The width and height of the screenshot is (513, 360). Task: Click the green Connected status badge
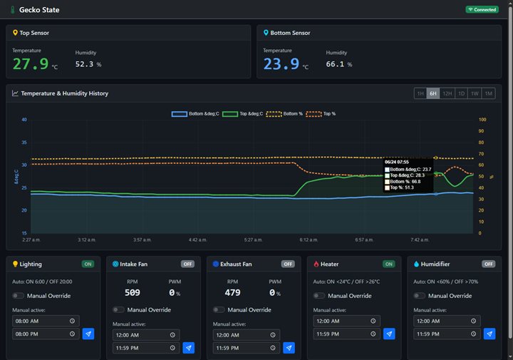click(x=482, y=9)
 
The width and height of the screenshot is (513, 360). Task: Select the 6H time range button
click(x=433, y=93)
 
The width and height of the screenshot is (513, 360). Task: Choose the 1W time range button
click(x=475, y=93)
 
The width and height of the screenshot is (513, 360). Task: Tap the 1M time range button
click(x=489, y=93)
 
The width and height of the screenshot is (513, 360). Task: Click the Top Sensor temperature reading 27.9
click(x=31, y=64)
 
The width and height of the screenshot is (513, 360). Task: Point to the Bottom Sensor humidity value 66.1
click(x=335, y=64)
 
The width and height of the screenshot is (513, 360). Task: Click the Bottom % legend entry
click(x=284, y=114)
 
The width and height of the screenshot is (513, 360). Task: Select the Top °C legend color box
click(x=230, y=114)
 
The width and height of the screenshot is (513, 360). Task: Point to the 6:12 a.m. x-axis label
click(x=309, y=240)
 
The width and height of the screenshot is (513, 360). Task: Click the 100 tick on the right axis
click(x=482, y=120)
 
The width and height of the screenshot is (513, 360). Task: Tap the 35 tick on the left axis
click(x=24, y=143)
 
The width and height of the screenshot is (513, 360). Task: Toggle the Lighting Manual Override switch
click(x=18, y=296)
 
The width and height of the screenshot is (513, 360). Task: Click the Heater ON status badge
click(x=389, y=264)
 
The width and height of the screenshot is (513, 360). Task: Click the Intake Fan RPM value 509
click(x=133, y=292)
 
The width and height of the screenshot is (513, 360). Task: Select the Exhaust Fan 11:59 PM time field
click(x=247, y=348)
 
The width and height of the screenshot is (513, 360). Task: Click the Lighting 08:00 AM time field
click(x=46, y=321)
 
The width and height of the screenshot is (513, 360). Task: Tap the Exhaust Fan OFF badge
click(x=288, y=264)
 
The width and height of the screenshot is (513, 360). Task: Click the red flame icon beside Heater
click(x=316, y=264)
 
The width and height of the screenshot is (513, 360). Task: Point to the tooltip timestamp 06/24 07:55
click(x=397, y=162)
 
